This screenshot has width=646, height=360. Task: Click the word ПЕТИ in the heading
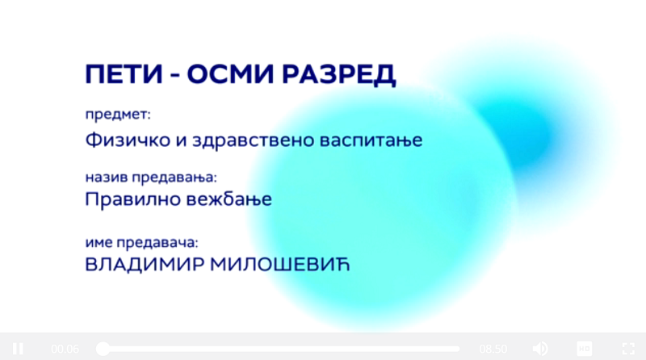click(x=124, y=74)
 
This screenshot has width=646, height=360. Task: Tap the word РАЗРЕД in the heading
click(x=338, y=75)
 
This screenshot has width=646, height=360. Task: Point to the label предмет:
click(x=118, y=115)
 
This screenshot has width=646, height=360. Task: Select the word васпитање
click(x=371, y=141)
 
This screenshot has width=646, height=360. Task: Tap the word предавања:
click(x=174, y=178)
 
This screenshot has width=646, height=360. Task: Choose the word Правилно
click(x=132, y=199)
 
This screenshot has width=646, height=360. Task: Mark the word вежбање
click(x=229, y=199)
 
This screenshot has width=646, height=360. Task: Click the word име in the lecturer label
click(x=99, y=243)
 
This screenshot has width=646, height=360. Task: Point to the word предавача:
click(x=157, y=243)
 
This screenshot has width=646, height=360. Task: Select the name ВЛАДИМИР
click(x=145, y=265)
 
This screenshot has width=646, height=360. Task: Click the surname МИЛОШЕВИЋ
click(x=280, y=265)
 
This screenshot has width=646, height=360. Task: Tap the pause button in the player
click(x=18, y=349)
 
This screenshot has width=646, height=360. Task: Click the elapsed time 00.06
click(x=65, y=350)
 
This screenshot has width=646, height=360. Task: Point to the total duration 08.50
click(x=493, y=350)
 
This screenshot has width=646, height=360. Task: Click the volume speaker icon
click(x=540, y=349)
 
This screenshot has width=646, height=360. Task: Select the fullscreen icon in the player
click(x=628, y=349)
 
